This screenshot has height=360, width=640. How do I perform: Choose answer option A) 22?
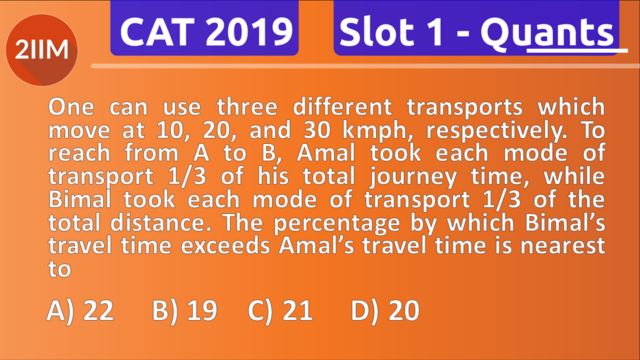coord(81,311)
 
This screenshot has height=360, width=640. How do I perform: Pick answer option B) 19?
coord(184,311)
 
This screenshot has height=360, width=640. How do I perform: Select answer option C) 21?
coord(280,311)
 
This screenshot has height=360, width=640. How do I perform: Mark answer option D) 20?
coord(385,311)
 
